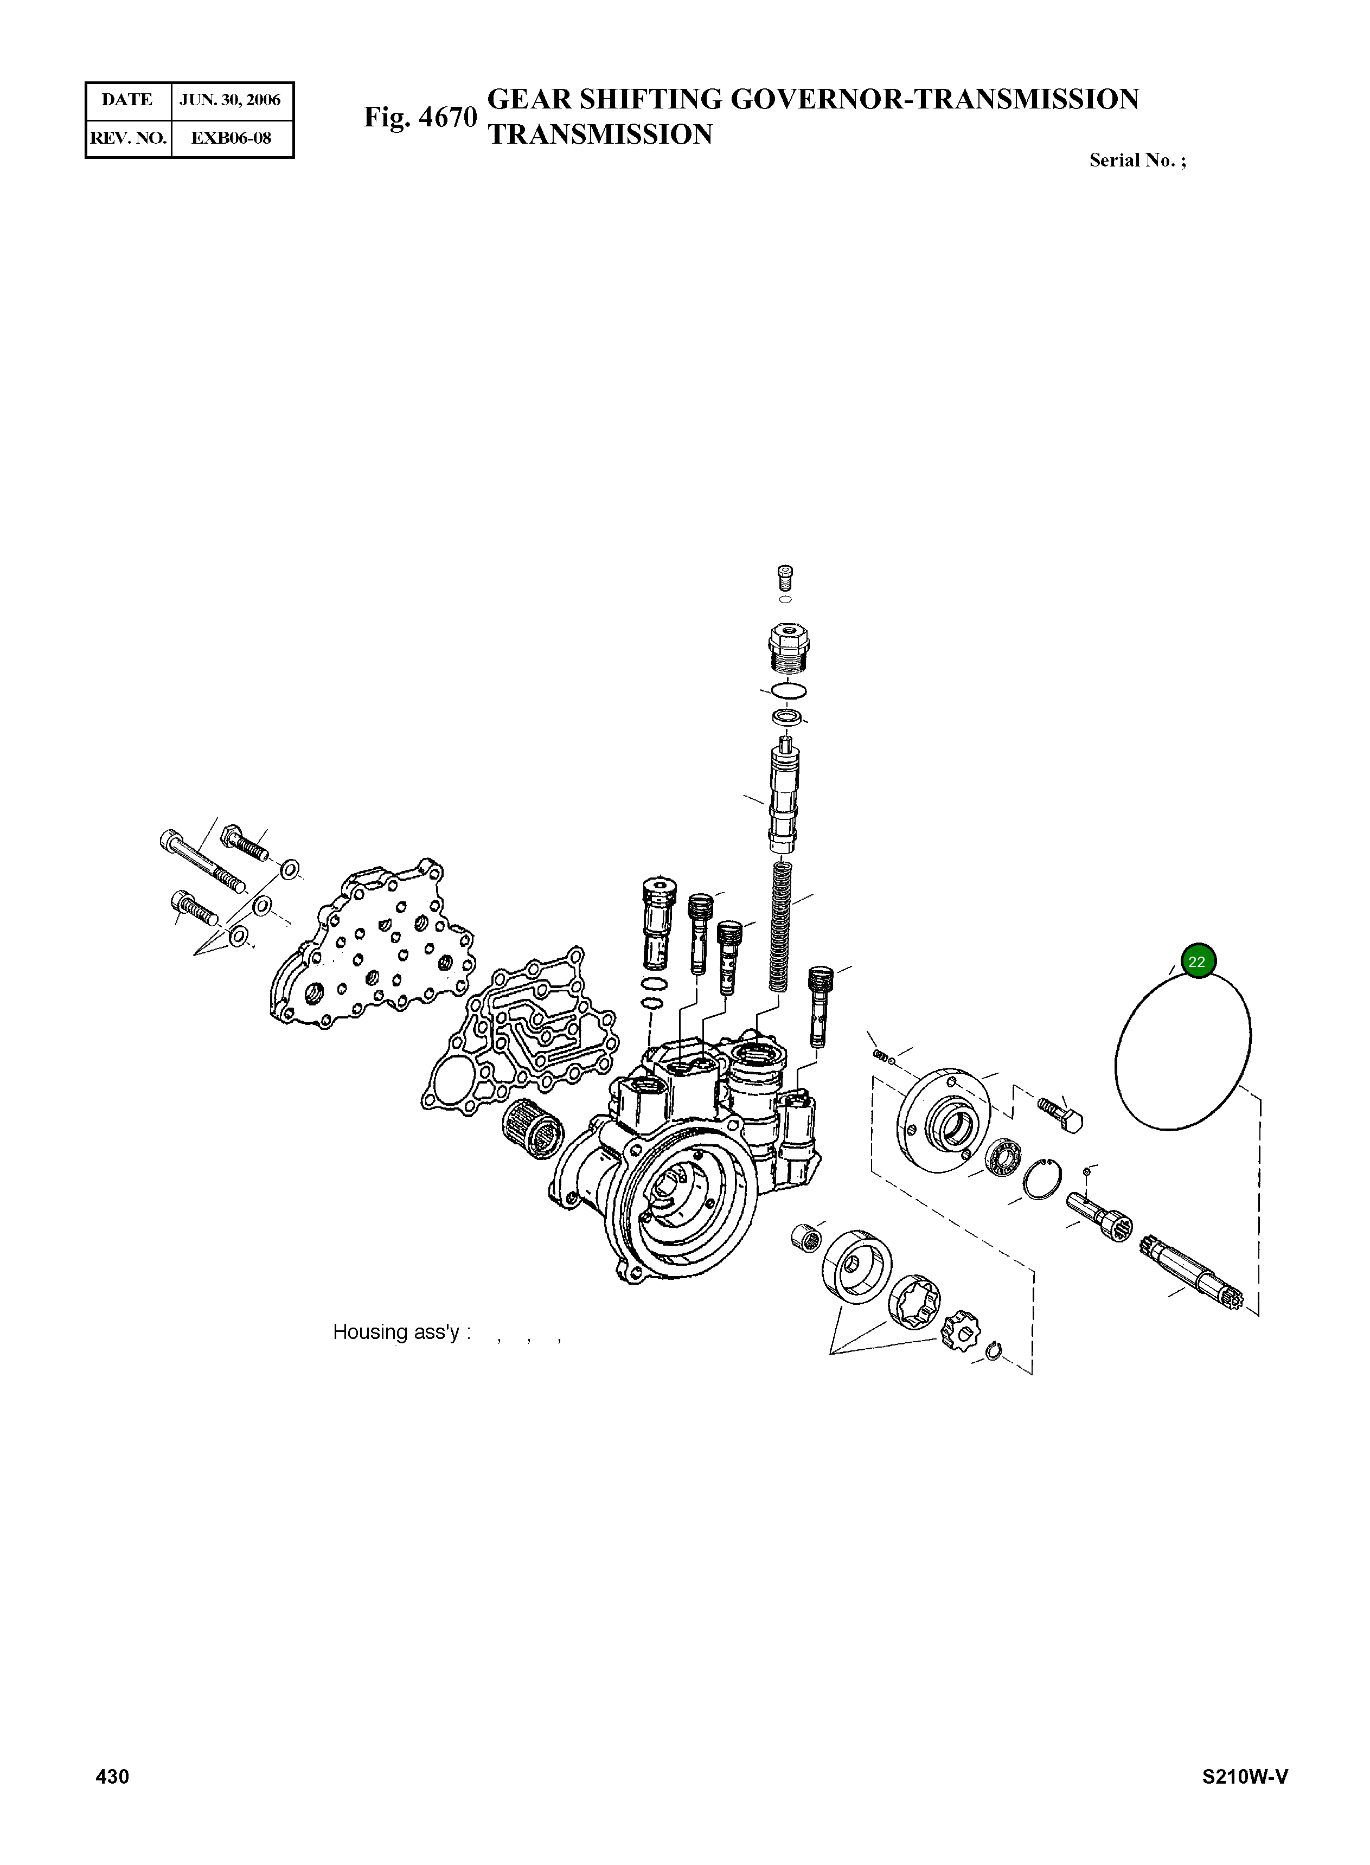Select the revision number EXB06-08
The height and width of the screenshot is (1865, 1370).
[231, 138]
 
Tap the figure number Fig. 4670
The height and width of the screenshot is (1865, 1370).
[420, 117]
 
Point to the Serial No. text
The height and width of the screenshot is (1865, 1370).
[1137, 161]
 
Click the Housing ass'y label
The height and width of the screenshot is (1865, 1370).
[401, 1332]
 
